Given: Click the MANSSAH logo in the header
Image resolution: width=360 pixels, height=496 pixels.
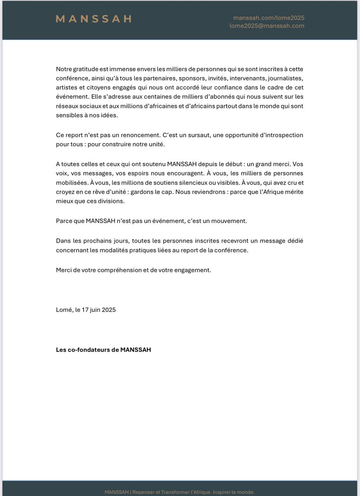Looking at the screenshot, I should pos(93,19).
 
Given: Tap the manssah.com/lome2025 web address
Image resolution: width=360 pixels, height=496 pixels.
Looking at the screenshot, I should pos(269,18).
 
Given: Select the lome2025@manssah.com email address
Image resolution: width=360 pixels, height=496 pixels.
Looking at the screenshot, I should pos(267,26).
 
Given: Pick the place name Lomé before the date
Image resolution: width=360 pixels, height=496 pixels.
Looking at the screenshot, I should pos(64,310).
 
